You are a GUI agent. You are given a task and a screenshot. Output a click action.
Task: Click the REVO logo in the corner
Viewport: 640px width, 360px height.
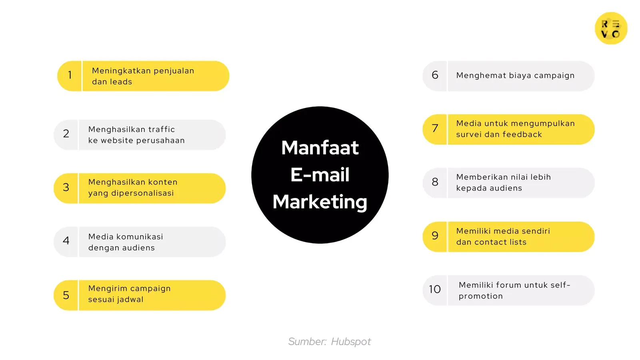pyautogui.click(x=611, y=28)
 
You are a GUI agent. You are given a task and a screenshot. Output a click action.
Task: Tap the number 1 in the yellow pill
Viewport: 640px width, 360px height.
pyautogui.click(x=70, y=75)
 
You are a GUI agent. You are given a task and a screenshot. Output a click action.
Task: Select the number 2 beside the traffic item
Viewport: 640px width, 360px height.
pyautogui.click(x=66, y=134)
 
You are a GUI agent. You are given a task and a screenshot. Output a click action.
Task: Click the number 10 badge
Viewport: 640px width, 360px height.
pyautogui.click(x=435, y=289)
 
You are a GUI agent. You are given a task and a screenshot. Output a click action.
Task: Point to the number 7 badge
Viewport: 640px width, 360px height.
pyautogui.click(x=435, y=128)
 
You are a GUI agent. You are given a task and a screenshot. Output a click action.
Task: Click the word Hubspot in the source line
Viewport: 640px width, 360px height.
pyautogui.click(x=351, y=342)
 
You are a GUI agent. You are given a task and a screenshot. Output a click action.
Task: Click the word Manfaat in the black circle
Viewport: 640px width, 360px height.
pyautogui.click(x=320, y=148)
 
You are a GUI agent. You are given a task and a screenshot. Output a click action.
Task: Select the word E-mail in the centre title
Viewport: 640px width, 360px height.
pyautogui.click(x=320, y=175)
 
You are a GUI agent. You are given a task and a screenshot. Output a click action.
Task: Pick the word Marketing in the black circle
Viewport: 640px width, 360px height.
pyautogui.click(x=320, y=202)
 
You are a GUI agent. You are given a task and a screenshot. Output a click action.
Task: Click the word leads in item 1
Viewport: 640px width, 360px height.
pyautogui.click(x=121, y=82)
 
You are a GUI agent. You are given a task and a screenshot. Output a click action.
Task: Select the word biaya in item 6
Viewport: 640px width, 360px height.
pyautogui.click(x=520, y=76)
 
